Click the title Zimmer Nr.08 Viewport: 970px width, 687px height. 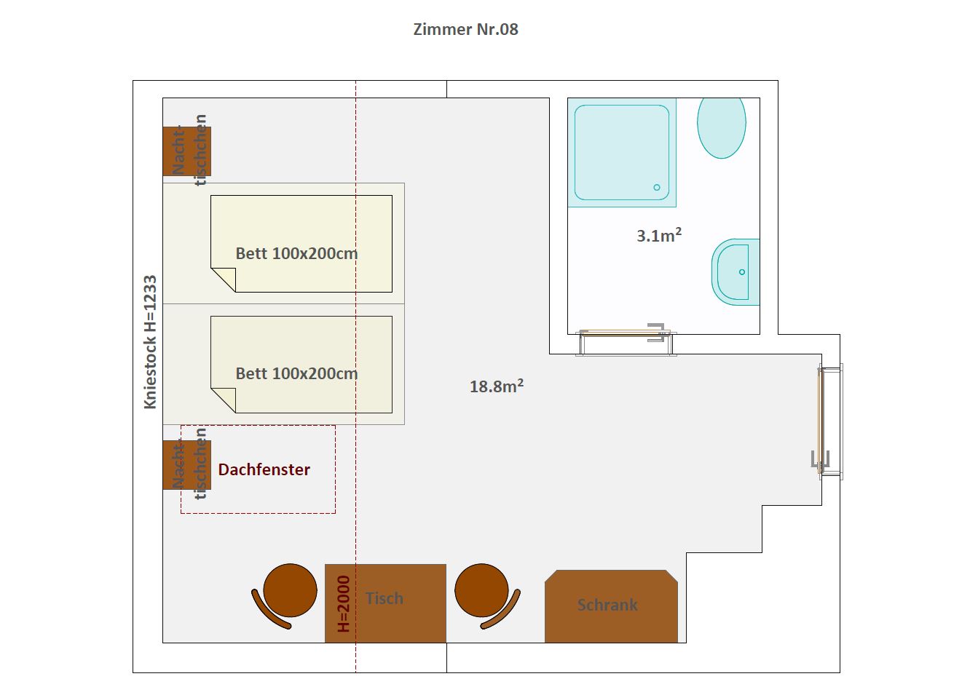(x=465, y=29)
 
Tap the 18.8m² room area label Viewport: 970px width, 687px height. (x=497, y=386)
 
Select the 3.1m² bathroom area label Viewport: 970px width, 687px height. (x=659, y=235)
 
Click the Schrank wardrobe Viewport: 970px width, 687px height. (x=611, y=606)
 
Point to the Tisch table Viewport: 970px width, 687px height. (x=385, y=603)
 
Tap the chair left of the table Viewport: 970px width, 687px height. (x=285, y=595)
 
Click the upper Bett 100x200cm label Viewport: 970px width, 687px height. (x=296, y=253)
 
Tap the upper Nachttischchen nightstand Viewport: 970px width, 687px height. (x=186, y=151)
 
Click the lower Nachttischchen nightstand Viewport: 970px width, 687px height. (x=186, y=465)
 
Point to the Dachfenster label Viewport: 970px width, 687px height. (x=264, y=469)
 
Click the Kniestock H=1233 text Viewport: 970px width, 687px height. (x=150, y=342)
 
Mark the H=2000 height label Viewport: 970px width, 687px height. (x=343, y=604)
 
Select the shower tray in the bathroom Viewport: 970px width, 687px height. (x=622, y=152)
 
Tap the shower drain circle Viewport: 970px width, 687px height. (x=657, y=187)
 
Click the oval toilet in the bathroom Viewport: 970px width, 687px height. (x=722, y=127)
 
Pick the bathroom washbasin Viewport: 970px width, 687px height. (x=736, y=272)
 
